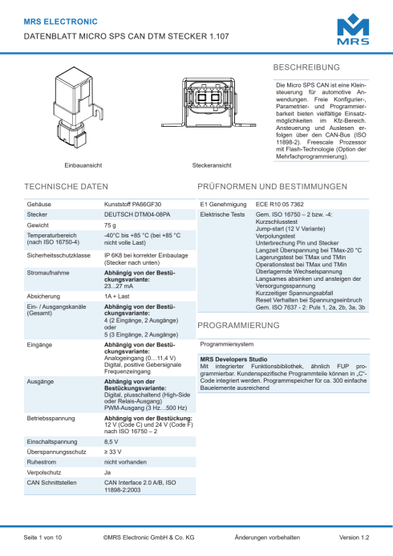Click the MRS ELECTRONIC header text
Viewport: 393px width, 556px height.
pos(62,22)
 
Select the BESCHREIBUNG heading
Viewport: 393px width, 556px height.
pos(307,67)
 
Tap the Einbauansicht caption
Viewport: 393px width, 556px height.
pos(83,164)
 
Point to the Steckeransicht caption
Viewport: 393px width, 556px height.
pos(212,164)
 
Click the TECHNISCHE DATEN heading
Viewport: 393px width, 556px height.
pos(66,186)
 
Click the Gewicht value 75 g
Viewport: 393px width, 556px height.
pos(110,226)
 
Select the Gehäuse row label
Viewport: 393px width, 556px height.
pos(39,205)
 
